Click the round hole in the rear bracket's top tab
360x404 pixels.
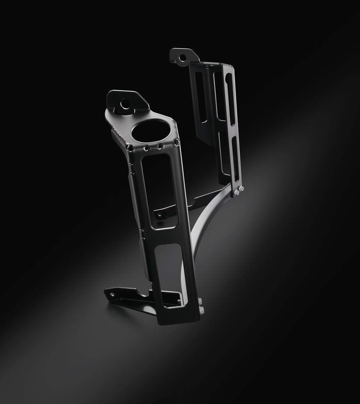(x=183, y=58)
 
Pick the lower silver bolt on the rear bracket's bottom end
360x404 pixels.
(x=237, y=193)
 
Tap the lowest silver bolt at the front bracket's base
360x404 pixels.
(x=202, y=310)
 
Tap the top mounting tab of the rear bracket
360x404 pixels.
(x=180, y=57)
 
